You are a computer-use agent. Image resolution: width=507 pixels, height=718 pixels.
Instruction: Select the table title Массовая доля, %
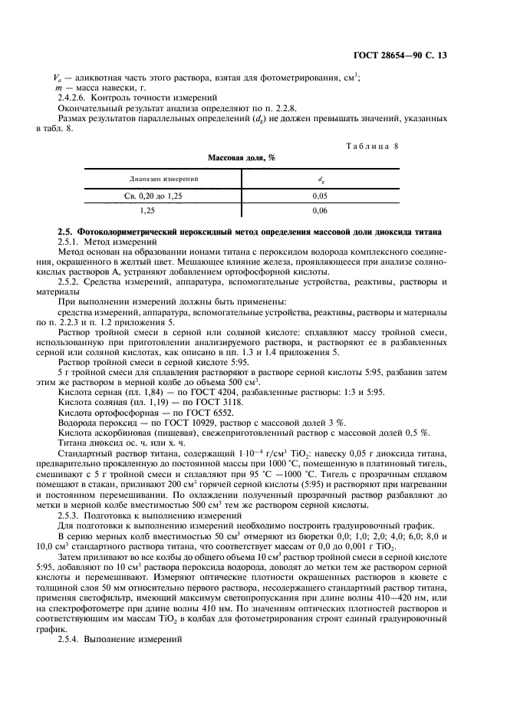[x=241, y=158]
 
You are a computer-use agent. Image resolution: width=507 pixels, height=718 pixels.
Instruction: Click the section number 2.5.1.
[x=71, y=242]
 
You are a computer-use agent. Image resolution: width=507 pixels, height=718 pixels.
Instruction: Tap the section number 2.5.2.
[x=71, y=282]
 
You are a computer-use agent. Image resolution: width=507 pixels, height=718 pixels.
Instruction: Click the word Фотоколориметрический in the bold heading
[x=123, y=232]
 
